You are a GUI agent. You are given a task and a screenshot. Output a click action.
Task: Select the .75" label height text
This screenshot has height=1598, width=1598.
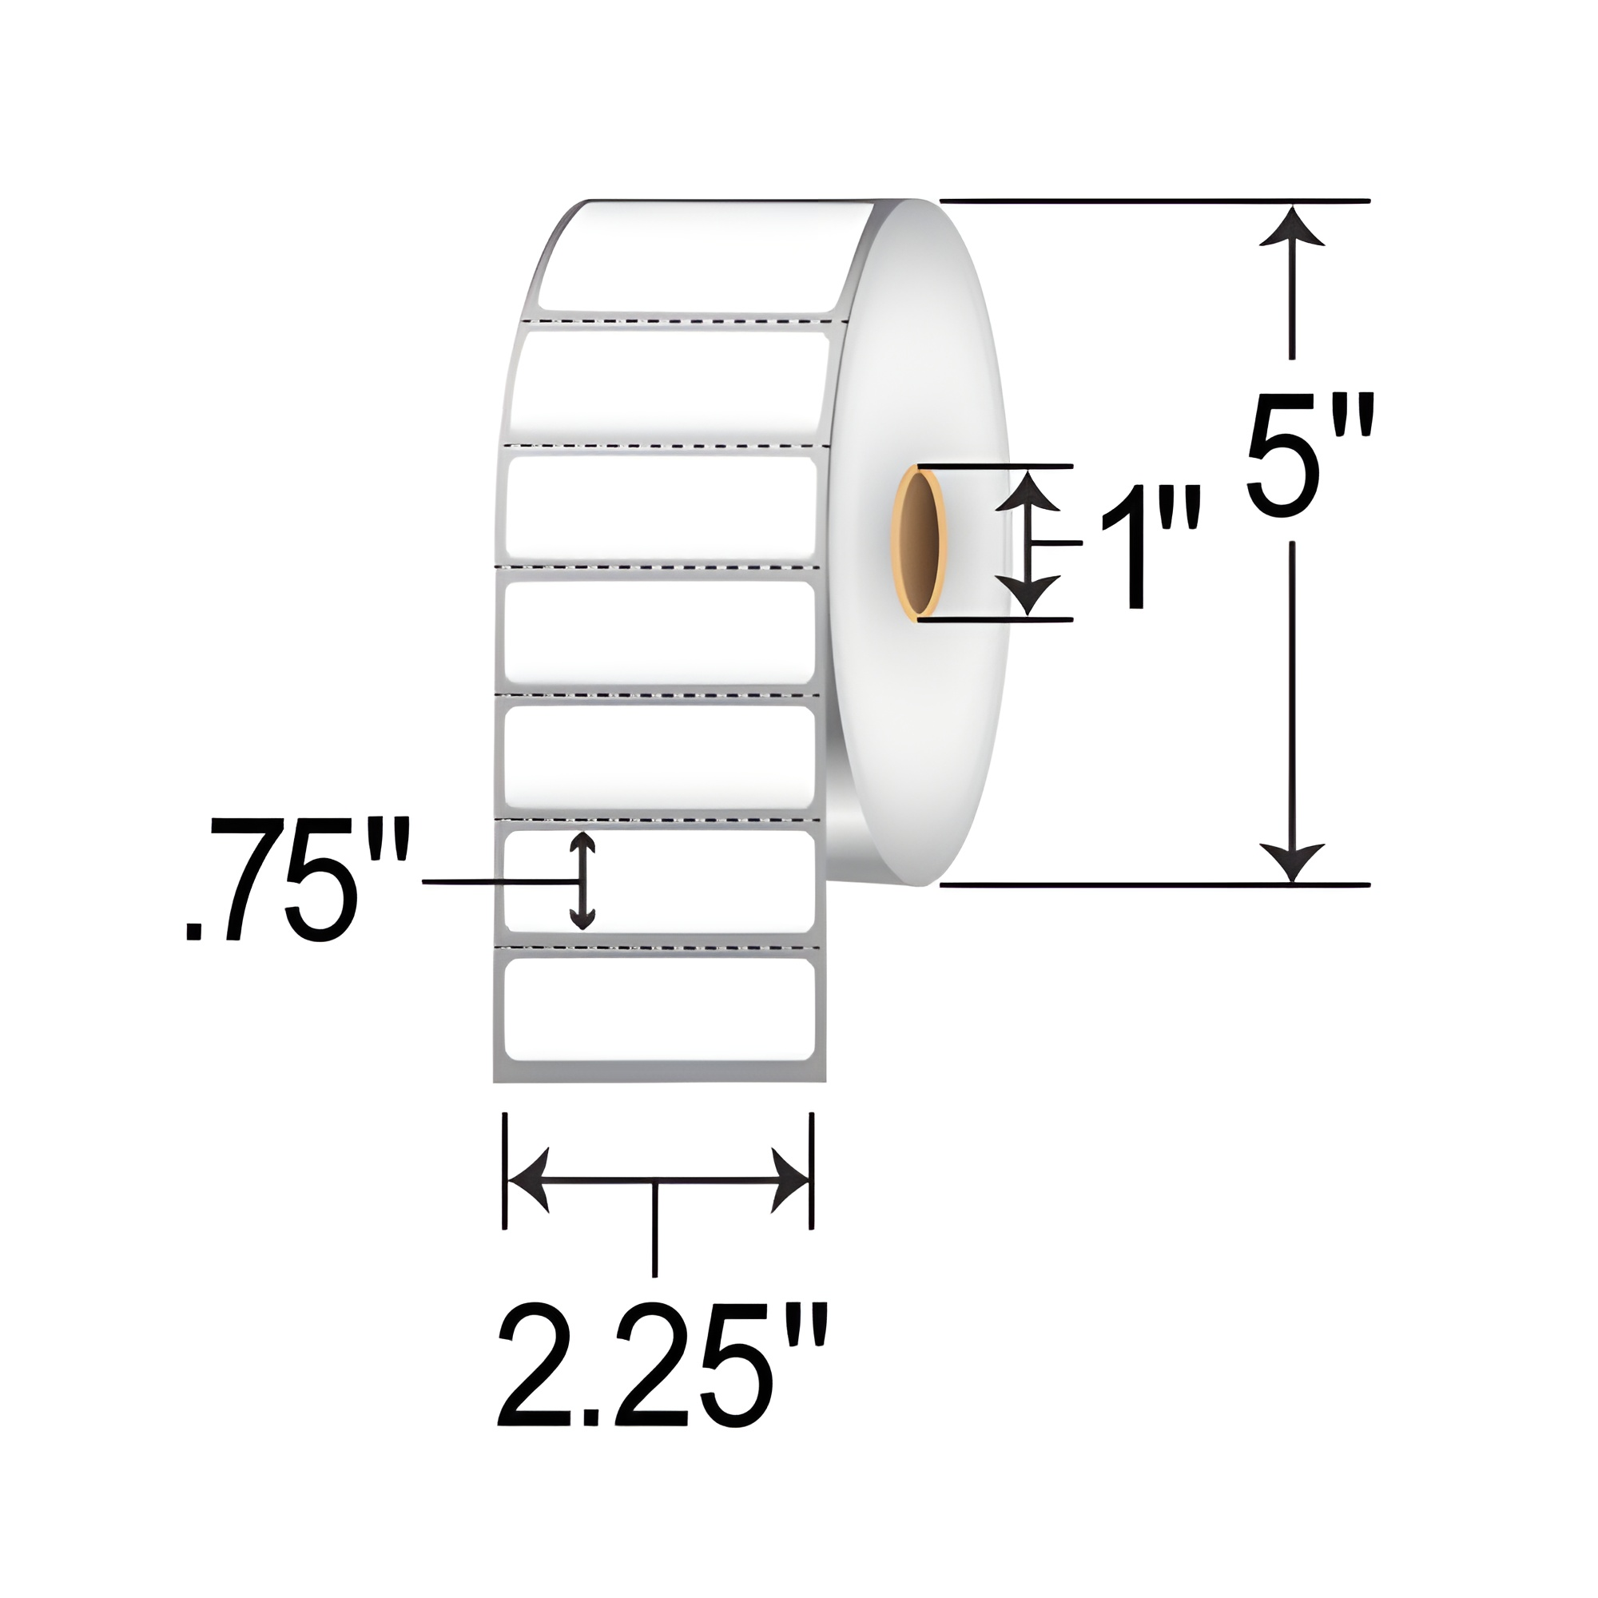tap(296, 879)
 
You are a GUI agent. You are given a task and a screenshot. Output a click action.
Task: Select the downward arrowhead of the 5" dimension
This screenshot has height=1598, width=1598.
tap(1292, 861)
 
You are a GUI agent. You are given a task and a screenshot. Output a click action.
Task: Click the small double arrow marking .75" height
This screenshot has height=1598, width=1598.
tap(582, 880)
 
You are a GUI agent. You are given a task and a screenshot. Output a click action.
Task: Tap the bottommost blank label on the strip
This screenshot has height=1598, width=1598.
tap(659, 1008)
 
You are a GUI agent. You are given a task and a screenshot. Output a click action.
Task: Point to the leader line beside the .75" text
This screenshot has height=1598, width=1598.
tap(496, 884)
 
